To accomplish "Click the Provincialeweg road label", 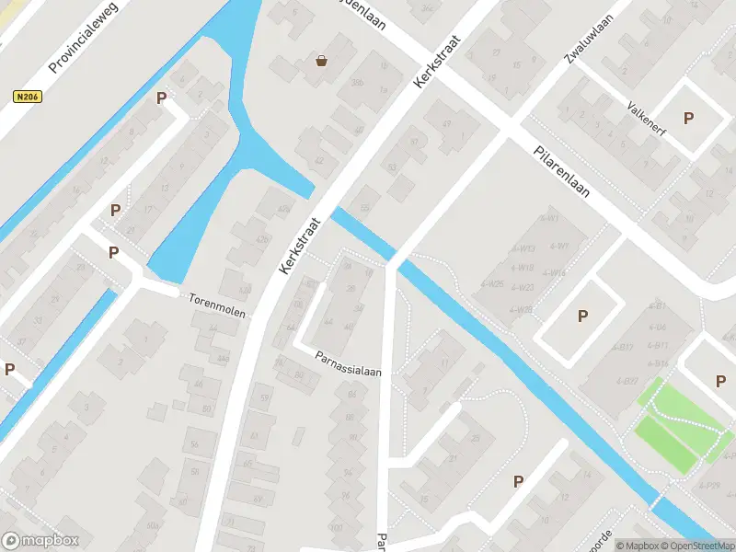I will [x=86, y=44].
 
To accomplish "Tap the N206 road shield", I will [x=27, y=96].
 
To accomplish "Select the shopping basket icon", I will [x=322, y=61].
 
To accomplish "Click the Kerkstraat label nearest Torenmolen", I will [x=301, y=246].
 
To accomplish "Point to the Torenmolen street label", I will [x=217, y=305].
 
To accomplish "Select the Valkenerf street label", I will [x=649, y=125].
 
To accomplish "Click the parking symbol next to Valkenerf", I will [x=688, y=118].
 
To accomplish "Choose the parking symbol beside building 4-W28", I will [x=582, y=316].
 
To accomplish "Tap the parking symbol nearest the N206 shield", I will [x=162, y=98].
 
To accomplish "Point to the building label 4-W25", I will [x=492, y=283].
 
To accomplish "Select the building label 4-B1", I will [x=657, y=305].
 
